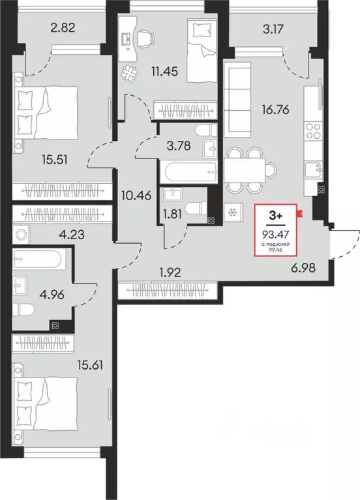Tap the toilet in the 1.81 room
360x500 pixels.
[x=193, y=208]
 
